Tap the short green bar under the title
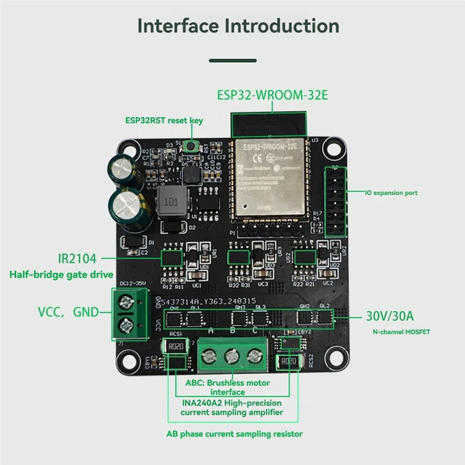[232, 60]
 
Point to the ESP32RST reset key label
[164, 121]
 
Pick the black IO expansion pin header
[336, 201]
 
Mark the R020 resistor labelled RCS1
[174, 347]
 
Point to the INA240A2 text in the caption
[204, 403]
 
